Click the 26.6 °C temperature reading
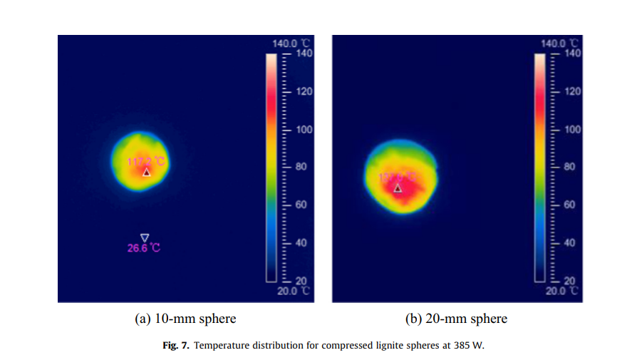[144, 248]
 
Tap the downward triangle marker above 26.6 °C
[145, 237]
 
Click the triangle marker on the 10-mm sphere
[147, 173]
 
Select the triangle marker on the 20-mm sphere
[398, 188]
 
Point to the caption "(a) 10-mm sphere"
[185, 319]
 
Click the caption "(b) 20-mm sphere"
[457, 319]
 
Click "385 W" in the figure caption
[470, 346]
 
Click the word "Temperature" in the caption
[220, 346]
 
